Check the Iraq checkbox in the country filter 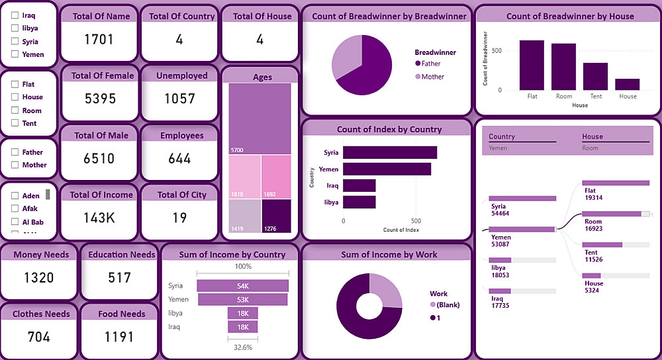(15, 15)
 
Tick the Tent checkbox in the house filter (15, 123)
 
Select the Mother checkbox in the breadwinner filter (15, 165)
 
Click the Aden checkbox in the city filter (15, 196)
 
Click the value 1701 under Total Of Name (99, 40)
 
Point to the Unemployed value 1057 (179, 99)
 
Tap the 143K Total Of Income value (99, 218)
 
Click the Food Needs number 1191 (120, 337)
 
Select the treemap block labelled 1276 (276, 216)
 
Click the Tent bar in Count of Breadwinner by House (596, 76)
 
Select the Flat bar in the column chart (532, 65)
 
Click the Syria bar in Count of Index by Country (389, 153)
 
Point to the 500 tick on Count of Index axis (416, 221)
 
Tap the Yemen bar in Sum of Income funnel (243, 300)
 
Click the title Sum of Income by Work (389, 255)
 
